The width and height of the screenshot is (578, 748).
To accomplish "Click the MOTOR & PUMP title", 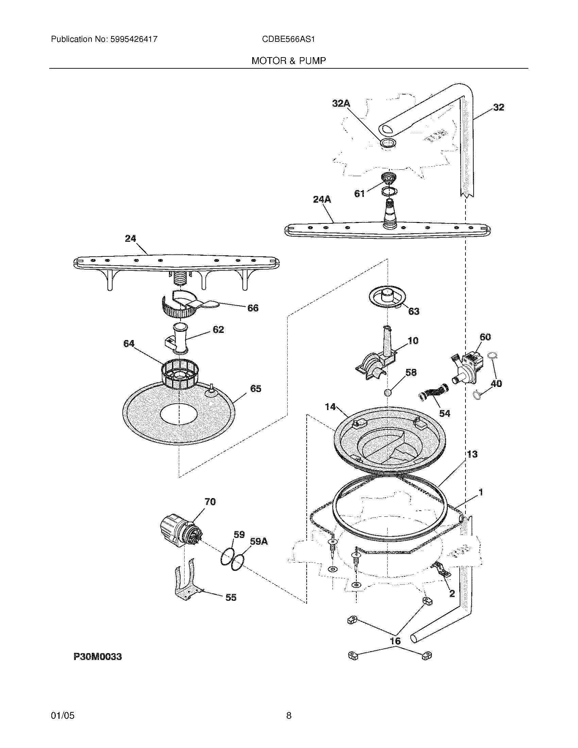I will tap(288, 61).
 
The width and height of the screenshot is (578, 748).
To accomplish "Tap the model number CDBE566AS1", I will tap(288, 39).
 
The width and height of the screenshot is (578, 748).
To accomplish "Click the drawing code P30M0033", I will tap(98, 657).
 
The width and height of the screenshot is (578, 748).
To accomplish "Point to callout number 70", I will tap(210, 502).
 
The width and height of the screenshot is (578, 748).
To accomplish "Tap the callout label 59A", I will tap(259, 542).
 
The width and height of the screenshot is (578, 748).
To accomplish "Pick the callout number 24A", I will tap(322, 199).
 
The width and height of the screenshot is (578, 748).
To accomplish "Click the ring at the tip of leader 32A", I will tap(388, 143).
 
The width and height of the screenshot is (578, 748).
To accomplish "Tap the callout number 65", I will tap(256, 389).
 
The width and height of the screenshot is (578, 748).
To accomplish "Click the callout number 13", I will tap(472, 454).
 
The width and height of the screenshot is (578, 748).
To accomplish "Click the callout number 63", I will tap(413, 311).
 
